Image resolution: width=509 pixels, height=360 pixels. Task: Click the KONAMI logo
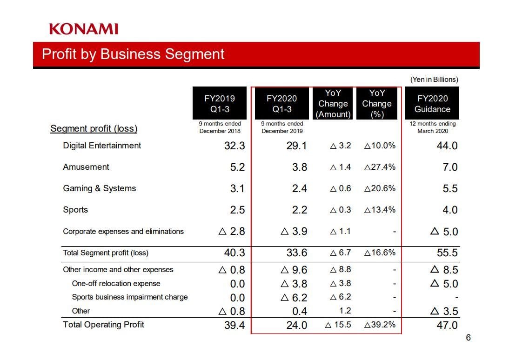tap(84, 29)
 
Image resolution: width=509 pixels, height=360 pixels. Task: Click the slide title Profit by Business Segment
tap(133, 54)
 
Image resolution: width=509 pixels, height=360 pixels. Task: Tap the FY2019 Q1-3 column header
tap(220, 104)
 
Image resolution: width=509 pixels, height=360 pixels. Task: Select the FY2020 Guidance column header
tap(432, 104)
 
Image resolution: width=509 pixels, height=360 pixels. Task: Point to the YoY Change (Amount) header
tap(333, 104)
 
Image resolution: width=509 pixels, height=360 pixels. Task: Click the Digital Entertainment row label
tap(102, 146)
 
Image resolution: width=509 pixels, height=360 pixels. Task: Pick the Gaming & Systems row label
tap(100, 188)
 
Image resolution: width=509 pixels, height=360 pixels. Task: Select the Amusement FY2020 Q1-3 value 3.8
tap(299, 167)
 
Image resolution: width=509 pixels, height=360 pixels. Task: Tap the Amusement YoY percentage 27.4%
tap(380, 167)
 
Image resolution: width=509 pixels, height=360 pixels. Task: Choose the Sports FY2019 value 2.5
tap(237, 210)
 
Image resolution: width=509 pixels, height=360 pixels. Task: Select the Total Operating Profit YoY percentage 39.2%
tap(380, 325)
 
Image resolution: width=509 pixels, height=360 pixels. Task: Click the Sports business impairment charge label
tap(130, 297)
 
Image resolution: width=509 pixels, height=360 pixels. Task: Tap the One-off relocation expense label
tap(116, 283)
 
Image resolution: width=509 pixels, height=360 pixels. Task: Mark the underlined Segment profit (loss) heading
tap(94, 129)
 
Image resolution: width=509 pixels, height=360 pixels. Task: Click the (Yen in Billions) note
tap(434, 80)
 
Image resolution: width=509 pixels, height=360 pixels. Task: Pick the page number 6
tap(468, 338)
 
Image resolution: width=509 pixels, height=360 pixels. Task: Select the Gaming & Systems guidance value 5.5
tap(450, 188)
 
